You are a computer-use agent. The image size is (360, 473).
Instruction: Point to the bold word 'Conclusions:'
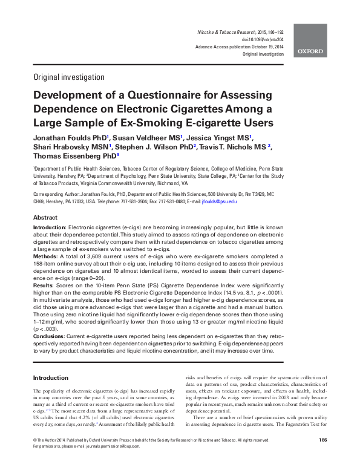[53, 336]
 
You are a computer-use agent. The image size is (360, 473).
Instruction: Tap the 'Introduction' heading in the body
[51, 377]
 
